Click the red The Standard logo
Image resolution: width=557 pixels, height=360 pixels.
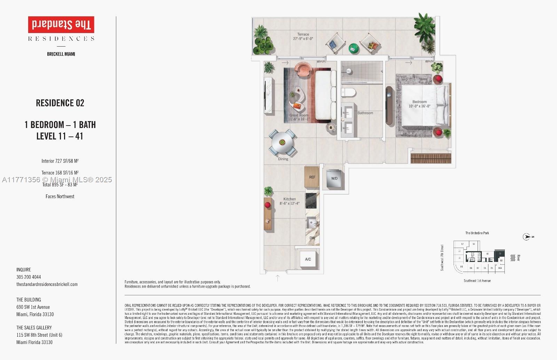pos(61,25)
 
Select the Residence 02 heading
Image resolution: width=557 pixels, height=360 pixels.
pos(60,103)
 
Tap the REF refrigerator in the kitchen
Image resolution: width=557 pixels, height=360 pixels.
pos(312,177)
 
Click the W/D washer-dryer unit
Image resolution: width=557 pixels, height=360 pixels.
pos(334,178)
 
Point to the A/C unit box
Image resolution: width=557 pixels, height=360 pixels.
pos(308,259)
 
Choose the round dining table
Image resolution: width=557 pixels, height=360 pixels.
pos(282,142)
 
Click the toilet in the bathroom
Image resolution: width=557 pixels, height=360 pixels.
pos(348,93)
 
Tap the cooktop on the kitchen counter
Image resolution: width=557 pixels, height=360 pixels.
pos(312,200)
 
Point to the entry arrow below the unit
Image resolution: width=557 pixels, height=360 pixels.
pos(277,278)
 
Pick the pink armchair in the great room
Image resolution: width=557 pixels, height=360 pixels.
pos(304,69)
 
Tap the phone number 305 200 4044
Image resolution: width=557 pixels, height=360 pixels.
pos(29,277)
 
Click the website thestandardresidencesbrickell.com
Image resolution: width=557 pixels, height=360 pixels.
pos(47,285)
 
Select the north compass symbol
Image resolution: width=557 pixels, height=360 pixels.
pos(527,237)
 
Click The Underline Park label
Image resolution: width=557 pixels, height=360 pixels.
pos(477,233)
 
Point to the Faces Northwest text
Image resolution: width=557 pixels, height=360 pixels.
pos(60,197)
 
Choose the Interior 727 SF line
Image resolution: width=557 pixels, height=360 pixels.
pos(60,161)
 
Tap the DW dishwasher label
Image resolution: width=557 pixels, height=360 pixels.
pos(312,238)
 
